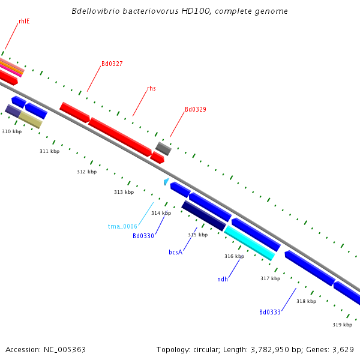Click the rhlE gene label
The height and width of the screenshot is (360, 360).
(24, 21)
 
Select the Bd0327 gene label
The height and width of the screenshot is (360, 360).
(112, 64)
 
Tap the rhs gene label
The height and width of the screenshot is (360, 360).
(151, 88)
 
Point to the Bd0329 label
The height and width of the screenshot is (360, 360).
(195, 109)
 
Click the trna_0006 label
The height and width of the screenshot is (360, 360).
(122, 226)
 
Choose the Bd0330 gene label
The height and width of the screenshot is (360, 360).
(143, 236)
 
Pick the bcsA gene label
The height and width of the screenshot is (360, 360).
(175, 252)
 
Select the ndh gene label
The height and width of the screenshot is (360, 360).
(223, 279)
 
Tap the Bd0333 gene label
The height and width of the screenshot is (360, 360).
(270, 312)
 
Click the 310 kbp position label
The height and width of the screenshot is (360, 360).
(11, 131)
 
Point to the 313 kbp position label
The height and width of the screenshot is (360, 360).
(124, 192)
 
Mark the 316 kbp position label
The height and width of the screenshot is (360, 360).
(234, 256)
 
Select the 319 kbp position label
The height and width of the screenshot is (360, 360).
(342, 325)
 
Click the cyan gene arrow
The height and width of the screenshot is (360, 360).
(249, 242)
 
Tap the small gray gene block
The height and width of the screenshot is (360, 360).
(163, 148)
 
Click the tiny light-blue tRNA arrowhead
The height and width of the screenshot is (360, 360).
(166, 181)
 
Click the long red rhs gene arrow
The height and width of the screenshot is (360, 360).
(120, 136)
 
